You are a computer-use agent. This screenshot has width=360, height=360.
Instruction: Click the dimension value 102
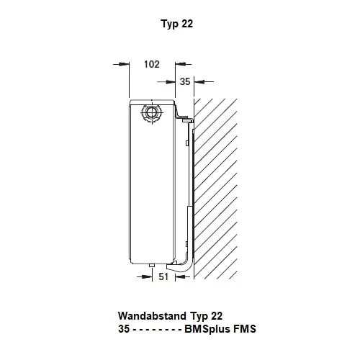[152, 64]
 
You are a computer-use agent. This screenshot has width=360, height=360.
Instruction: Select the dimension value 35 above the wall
[185, 81]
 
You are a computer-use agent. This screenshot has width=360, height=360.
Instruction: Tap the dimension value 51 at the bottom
[163, 276]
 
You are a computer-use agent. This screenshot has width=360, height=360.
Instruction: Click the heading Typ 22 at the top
[177, 24]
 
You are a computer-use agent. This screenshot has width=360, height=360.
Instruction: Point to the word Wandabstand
[152, 316]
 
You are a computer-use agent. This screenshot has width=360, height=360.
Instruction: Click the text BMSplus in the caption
[205, 329]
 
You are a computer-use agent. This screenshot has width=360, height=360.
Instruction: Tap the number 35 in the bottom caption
[124, 329]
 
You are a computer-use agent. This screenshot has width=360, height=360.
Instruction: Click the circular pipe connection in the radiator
[152, 112]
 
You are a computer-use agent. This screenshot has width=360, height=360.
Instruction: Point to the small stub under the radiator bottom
[152, 266]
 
